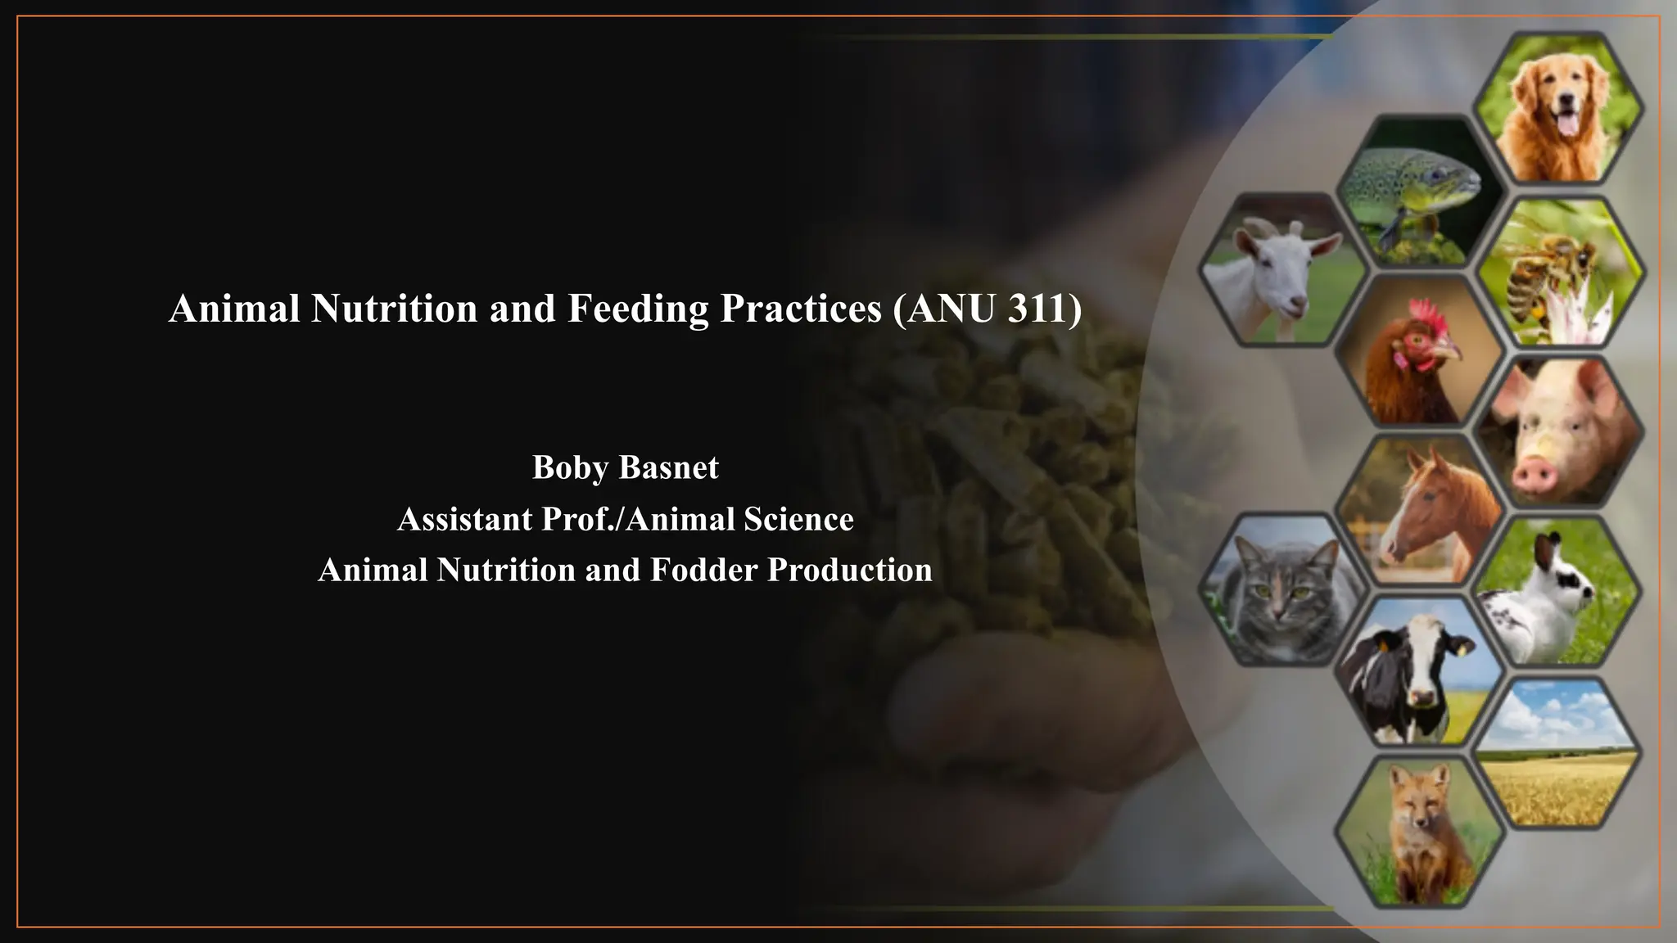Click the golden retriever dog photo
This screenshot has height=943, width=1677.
click(1558, 108)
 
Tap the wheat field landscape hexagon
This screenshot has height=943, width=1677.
click(1558, 751)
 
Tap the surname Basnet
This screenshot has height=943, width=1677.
click(669, 467)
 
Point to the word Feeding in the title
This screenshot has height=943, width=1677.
click(638, 309)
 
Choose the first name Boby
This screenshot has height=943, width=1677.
click(570, 467)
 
